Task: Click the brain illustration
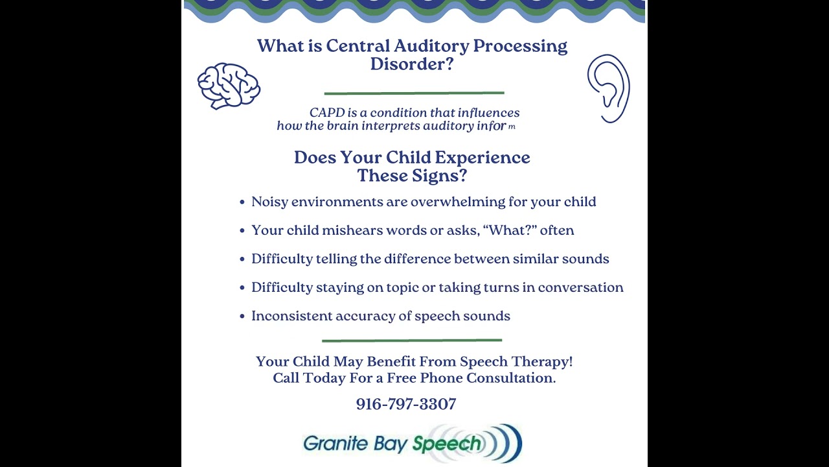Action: (229, 86)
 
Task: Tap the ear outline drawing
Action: (608, 89)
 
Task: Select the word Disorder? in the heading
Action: (412, 64)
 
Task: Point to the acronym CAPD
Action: (327, 113)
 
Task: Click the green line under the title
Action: (414, 93)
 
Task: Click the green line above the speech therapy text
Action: (412, 340)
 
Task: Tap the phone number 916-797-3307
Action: (406, 404)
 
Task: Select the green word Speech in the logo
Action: (447, 444)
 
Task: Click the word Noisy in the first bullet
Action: (269, 202)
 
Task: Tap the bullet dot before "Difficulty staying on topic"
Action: (242, 288)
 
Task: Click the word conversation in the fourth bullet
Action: (580, 287)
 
